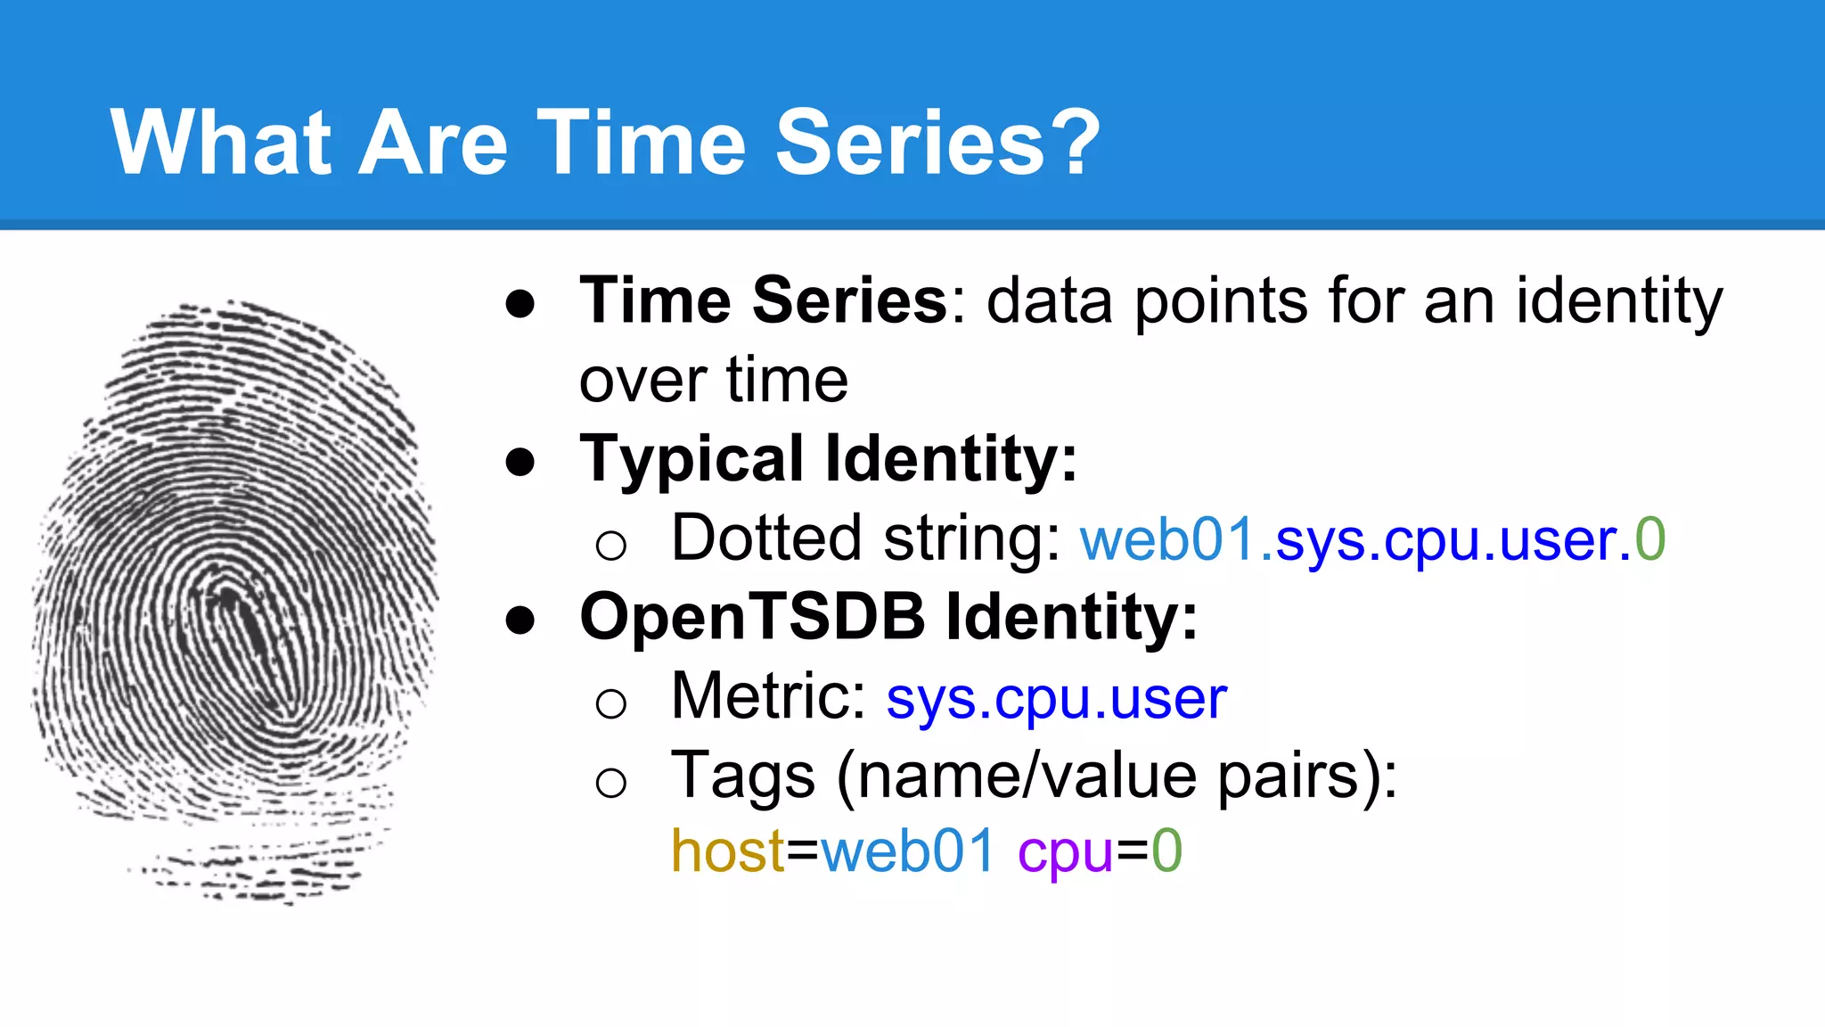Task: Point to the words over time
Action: tap(713, 381)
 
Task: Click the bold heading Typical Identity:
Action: tap(828, 460)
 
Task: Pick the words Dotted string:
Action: tap(865, 539)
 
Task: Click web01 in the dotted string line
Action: tap(1168, 540)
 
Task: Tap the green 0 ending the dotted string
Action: tap(1649, 540)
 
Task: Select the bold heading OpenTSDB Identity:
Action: tap(888, 617)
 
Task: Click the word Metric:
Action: tap(769, 696)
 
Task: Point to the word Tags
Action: tap(742, 775)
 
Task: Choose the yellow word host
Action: tap(727, 851)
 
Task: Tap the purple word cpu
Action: tap(1065, 854)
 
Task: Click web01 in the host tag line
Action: tap(907, 851)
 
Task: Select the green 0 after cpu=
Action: tap(1166, 851)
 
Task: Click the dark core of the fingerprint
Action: tap(245, 624)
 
